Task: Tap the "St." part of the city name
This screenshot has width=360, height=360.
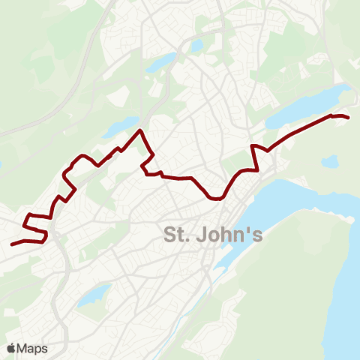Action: click(178, 235)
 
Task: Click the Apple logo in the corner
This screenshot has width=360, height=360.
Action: click(10, 349)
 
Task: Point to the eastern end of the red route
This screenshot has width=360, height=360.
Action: click(349, 118)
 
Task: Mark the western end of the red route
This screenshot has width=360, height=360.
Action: click(12, 244)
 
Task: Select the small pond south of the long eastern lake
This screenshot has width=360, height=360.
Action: click(328, 160)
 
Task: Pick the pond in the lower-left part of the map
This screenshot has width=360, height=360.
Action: click(94, 295)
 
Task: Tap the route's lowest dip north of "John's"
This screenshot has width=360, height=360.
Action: click(216, 199)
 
